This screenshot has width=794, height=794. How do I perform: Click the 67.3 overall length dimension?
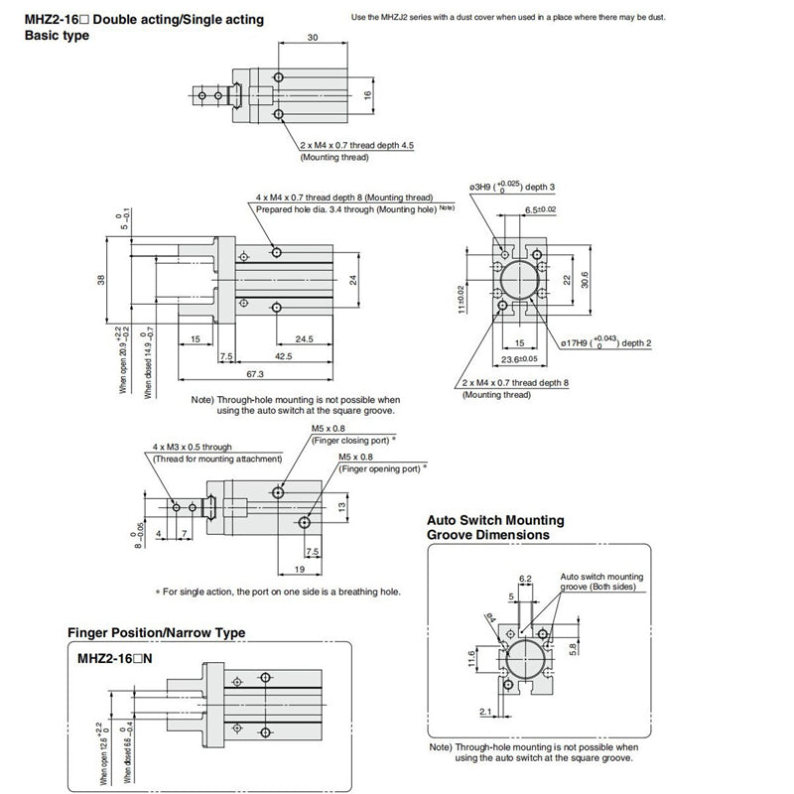(x=254, y=374)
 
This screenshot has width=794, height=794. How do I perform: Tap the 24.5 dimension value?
(x=304, y=338)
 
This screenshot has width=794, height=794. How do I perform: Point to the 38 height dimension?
(x=100, y=280)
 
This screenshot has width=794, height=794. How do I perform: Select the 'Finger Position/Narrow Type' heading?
(x=156, y=632)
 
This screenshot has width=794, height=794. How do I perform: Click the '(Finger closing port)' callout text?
(x=353, y=440)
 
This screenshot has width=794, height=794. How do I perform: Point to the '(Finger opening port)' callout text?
(x=382, y=466)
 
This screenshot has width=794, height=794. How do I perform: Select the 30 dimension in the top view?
(x=313, y=38)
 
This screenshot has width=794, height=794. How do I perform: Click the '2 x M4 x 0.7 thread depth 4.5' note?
(x=356, y=145)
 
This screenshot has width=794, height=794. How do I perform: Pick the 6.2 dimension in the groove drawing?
(x=526, y=578)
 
